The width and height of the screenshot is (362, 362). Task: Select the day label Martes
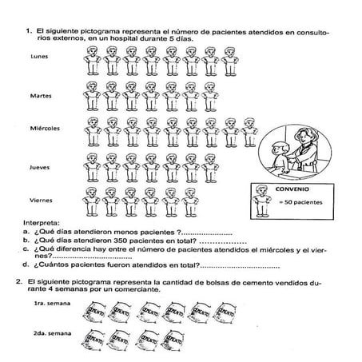point(40,96)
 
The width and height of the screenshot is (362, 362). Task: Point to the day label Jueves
point(39,168)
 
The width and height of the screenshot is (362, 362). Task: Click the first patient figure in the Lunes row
point(91,62)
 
